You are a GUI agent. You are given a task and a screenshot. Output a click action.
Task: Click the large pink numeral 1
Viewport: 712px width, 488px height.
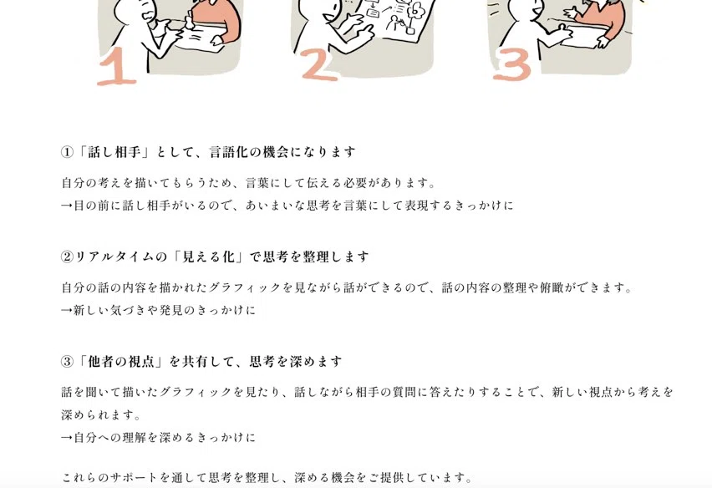[117, 67]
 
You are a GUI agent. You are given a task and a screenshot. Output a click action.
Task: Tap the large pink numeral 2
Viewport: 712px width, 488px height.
[320, 65]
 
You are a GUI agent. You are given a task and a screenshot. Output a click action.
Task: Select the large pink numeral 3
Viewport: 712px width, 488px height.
[512, 65]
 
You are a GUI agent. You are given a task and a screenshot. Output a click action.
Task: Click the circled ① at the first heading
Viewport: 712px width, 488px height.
[67, 152]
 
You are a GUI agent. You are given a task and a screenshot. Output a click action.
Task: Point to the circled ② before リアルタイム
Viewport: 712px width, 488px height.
[67, 257]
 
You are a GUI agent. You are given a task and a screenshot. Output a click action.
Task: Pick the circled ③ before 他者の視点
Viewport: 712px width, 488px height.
[67, 362]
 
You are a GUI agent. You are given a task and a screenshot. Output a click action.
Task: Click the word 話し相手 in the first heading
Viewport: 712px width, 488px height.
[114, 152]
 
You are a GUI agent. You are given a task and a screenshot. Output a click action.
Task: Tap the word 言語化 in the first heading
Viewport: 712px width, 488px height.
[229, 152]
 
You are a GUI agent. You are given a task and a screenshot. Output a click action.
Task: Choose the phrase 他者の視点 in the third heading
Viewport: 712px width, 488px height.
[121, 362]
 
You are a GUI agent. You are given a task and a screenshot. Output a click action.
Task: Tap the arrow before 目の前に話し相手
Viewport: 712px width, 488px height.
[67, 206]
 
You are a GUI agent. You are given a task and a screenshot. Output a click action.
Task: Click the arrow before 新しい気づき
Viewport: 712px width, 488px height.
[67, 311]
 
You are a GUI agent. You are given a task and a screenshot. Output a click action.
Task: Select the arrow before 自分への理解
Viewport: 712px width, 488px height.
[67, 438]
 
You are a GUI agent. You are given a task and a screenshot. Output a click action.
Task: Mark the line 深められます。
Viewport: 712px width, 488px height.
[101, 415]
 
